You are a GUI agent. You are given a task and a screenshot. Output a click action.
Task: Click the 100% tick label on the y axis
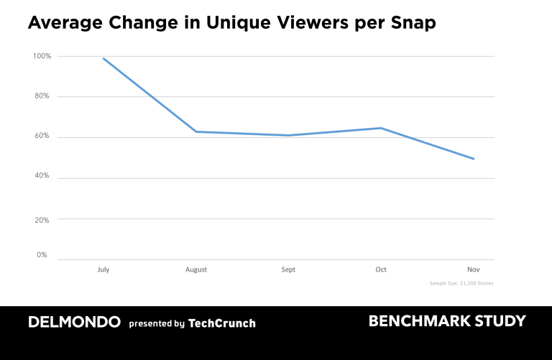tap(42, 56)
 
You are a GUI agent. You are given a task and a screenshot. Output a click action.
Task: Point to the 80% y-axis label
tap(42, 96)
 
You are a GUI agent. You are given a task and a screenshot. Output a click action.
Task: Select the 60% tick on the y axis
tap(42, 136)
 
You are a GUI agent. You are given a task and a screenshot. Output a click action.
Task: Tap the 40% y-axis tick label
tap(42, 176)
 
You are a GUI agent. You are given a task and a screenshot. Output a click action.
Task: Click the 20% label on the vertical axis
tap(42, 220)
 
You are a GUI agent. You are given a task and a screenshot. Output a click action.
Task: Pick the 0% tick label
tap(42, 255)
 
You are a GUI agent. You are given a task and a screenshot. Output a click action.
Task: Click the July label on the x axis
tap(103, 269)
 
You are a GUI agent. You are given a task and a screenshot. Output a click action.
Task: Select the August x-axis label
tap(195, 269)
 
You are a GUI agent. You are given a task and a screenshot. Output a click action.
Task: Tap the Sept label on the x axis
tap(288, 269)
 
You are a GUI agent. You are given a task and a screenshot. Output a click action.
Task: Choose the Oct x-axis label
tap(381, 269)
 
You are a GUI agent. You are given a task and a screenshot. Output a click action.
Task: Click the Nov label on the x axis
tap(473, 269)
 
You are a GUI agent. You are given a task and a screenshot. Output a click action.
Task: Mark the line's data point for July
tap(103, 58)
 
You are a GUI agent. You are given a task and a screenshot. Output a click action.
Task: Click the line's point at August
tap(195, 131)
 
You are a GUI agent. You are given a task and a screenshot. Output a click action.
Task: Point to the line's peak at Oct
tap(381, 128)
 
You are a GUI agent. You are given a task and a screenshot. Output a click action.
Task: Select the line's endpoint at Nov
tap(474, 159)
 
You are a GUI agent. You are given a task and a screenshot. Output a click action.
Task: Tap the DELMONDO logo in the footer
tap(74, 323)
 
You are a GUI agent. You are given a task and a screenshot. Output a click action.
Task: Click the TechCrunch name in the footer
tap(221, 323)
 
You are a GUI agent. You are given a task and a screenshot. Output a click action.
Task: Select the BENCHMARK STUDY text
tap(447, 321)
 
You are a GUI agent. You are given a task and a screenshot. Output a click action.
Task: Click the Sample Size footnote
tap(461, 284)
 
